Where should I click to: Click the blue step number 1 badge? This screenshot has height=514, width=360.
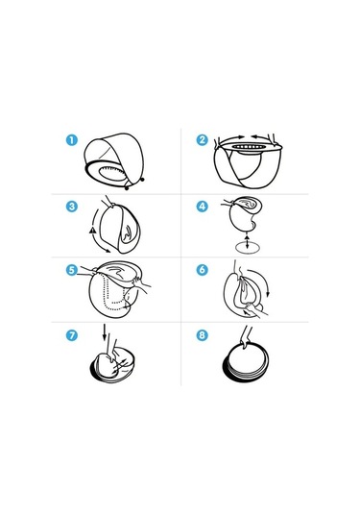(x=72, y=140)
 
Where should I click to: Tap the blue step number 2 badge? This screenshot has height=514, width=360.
(x=203, y=140)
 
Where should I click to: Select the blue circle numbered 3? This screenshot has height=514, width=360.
(x=72, y=207)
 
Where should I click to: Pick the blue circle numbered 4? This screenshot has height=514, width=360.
(x=203, y=207)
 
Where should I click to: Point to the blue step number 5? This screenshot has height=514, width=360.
(x=72, y=270)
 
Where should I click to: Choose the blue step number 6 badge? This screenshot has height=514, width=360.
(x=203, y=269)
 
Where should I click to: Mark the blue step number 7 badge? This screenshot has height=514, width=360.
(x=72, y=335)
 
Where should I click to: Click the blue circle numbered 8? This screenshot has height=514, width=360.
(x=203, y=335)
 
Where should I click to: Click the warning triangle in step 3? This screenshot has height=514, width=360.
(x=92, y=231)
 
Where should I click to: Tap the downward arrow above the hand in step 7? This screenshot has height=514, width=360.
(x=105, y=332)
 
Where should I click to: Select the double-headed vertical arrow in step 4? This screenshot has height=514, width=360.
(x=247, y=241)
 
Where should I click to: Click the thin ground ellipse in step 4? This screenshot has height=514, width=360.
(x=248, y=248)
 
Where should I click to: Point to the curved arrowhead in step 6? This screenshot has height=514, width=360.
(x=268, y=294)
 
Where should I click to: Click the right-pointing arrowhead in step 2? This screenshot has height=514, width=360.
(x=241, y=136)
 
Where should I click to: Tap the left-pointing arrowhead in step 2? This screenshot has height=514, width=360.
(x=254, y=136)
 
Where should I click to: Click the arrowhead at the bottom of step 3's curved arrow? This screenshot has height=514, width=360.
(x=108, y=251)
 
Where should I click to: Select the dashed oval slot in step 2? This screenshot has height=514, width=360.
(x=248, y=147)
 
